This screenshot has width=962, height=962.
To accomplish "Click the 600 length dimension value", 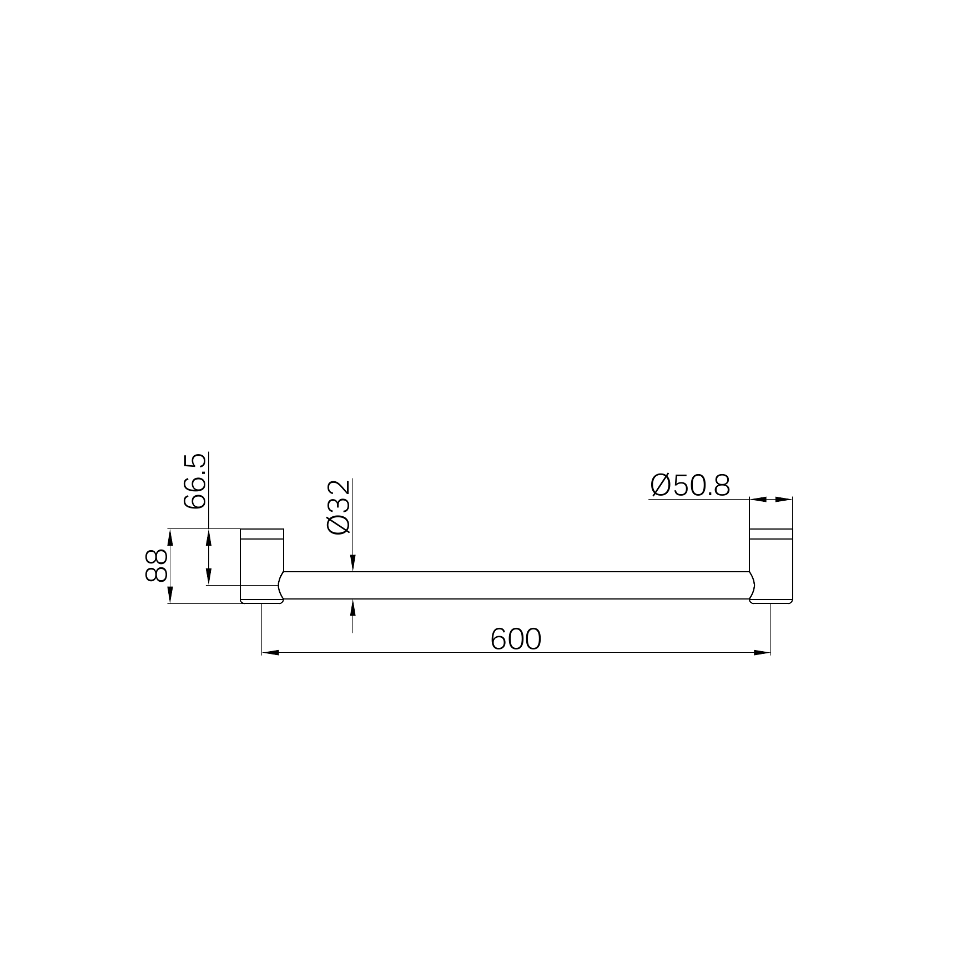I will pos(516,639).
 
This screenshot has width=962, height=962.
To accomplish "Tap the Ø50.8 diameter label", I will pos(690,486).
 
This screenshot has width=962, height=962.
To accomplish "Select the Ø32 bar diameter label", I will pos(339,507).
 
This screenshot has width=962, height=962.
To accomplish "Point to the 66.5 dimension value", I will pos(195,481).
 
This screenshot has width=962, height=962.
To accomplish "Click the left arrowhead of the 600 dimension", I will pos(270,652).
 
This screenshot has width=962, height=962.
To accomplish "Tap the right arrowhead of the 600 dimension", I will pos(763,652).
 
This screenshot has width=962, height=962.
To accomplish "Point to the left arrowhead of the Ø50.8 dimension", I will pos(758,500).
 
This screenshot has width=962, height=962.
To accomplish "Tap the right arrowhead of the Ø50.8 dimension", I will pos(784,500).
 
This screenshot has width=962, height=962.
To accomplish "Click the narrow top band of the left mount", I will pos(262,534).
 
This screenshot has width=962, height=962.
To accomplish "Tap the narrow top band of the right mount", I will pos(771,534).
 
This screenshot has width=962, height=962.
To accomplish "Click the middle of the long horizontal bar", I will pos(516,585).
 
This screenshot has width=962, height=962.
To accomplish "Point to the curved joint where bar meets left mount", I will pos(281,586).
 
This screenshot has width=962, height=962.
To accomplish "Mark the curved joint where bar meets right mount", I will pos(752,586).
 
